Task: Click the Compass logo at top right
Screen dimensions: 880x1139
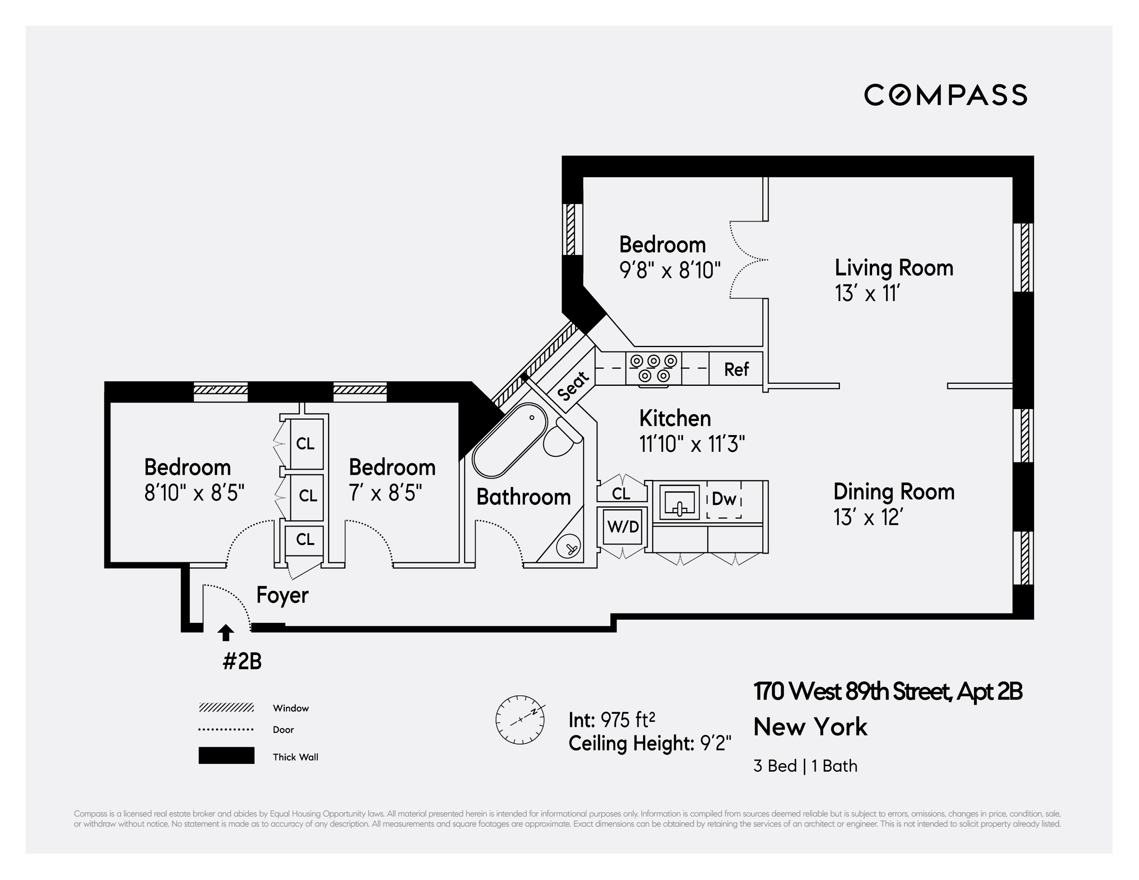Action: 945,95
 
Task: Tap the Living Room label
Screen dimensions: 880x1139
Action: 894,268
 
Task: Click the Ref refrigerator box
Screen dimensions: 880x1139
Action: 736,370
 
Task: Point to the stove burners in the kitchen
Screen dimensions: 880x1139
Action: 653,368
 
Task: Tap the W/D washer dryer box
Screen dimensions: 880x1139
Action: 623,527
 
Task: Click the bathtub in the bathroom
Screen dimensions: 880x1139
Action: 510,441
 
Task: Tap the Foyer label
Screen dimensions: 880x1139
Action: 282,595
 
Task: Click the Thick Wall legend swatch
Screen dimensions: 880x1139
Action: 226,756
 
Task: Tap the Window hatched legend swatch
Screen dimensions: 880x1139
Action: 226,708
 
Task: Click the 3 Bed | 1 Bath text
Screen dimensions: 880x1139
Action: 805,766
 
